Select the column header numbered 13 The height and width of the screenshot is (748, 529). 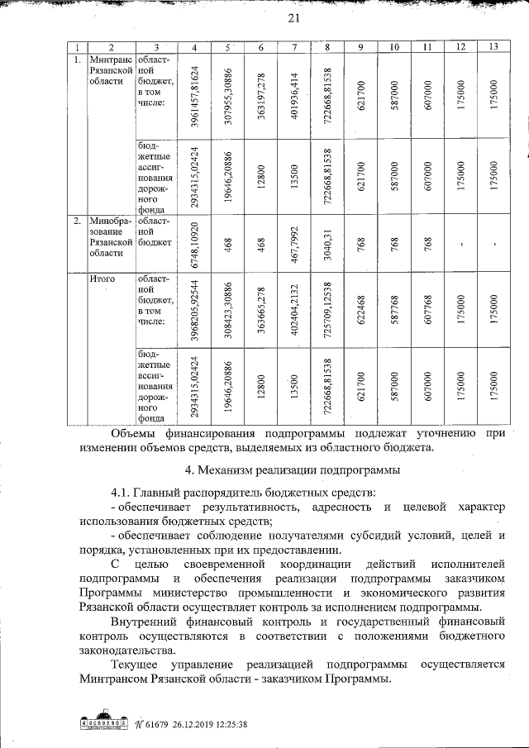point(493,46)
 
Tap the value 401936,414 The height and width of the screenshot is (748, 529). point(294,95)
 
